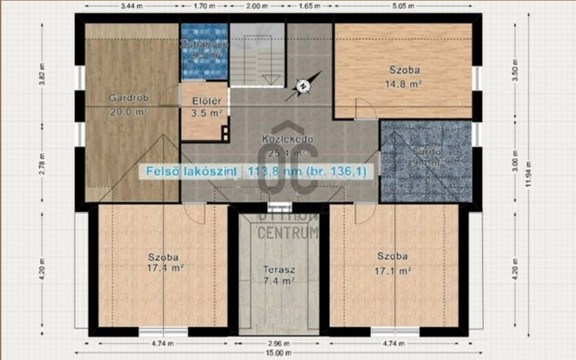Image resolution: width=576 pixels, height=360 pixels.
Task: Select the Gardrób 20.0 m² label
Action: [x=129, y=104]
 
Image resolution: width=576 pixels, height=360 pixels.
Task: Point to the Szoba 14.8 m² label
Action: [x=402, y=76]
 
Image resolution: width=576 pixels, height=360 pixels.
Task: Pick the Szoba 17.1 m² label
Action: [x=393, y=263]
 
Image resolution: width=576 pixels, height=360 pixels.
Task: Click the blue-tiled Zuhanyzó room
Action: [x=204, y=52]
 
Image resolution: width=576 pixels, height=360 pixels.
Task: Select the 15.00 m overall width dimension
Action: [x=279, y=353]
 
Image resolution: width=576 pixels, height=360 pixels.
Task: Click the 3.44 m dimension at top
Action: [x=132, y=7]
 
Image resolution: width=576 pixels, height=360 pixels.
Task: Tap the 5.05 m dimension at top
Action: [x=421, y=7]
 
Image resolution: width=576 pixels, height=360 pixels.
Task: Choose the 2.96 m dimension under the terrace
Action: [x=279, y=344]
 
